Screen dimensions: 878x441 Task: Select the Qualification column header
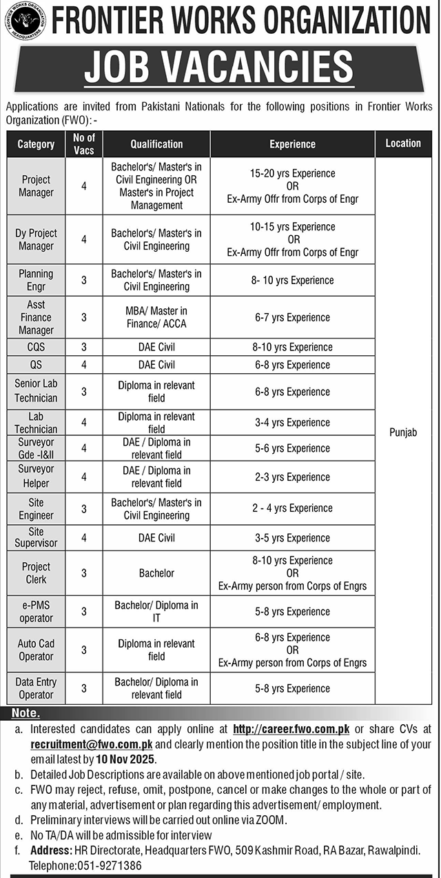(156, 144)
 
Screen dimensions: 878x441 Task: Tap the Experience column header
(292, 144)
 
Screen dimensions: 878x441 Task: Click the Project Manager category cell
(36, 186)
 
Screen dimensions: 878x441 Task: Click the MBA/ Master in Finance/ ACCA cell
(156, 317)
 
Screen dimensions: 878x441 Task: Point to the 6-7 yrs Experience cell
(292, 317)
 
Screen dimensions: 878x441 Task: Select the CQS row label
(36, 347)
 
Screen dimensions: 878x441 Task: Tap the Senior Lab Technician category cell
(36, 391)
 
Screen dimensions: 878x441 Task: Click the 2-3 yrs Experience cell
(292, 477)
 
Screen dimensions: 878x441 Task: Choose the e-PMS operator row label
(36, 611)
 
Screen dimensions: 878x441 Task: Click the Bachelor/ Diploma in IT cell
(156, 611)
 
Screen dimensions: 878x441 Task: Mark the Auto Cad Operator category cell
(36, 650)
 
